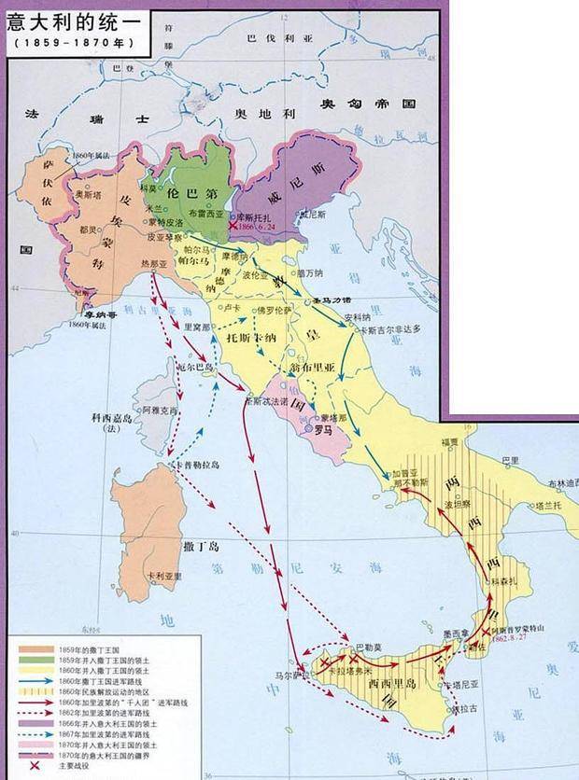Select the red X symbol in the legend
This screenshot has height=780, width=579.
pyautogui.click(x=21, y=768)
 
